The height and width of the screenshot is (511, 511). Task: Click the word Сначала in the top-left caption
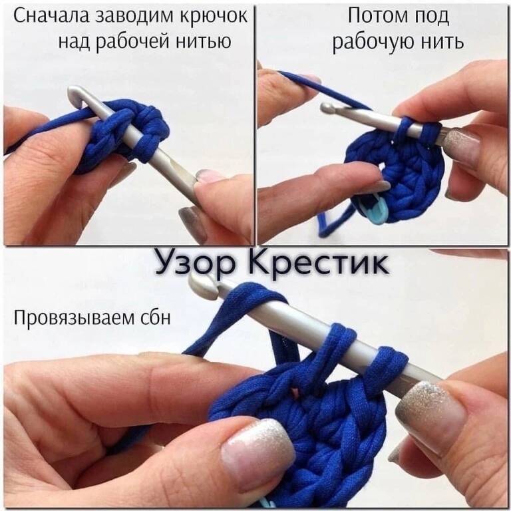[x=51, y=17]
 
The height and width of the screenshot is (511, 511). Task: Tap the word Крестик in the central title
[x=319, y=261]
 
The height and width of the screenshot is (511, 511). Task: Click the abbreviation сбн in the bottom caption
[x=156, y=317]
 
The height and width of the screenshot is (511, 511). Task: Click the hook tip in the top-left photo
[x=76, y=94]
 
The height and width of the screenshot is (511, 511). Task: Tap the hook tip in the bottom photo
[x=202, y=285]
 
